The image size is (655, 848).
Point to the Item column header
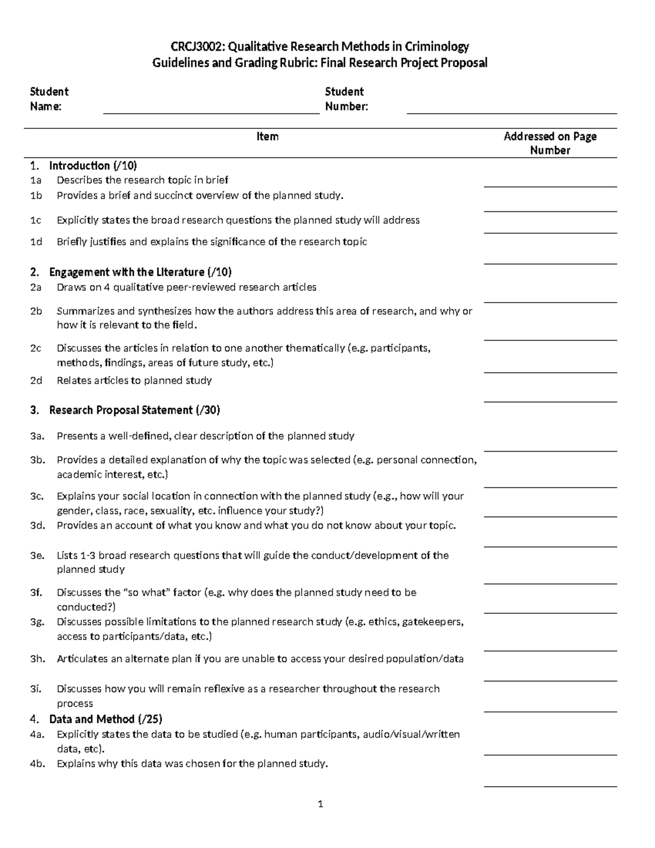pyautogui.click(x=267, y=137)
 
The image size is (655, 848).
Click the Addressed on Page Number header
pyautogui.click(x=550, y=143)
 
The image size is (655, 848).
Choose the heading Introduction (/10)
pyautogui.click(x=93, y=165)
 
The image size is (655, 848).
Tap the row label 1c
pyautogui.click(x=36, y=220)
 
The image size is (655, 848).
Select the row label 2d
pyautogui.click(x=36, y=381)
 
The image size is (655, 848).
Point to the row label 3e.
pyautogui.click(x=37, y=555)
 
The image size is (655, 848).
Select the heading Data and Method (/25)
pyautogui.click(x=105, y=719)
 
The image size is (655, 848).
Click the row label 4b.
pyautogui.click(x=37, y=764)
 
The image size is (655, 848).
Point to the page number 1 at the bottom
pyautogui.click(x=321, y=804)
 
